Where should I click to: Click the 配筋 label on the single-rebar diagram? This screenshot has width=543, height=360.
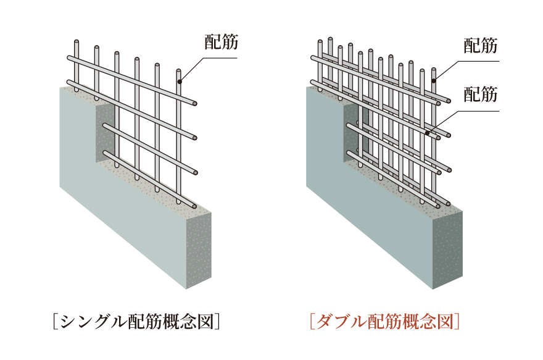tap(220, 43)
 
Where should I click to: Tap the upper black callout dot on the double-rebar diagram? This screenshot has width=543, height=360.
tap(434, 81)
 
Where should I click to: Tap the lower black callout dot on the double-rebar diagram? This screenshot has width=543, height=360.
tap(428, 132)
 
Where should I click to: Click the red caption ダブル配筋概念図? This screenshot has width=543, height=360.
tap(385, 322)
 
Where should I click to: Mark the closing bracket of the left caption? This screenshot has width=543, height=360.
tap(218, 322)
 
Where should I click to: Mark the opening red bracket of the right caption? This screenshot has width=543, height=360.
tap(312, 322)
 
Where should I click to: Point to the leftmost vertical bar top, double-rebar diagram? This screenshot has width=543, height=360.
tap(320, 42)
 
